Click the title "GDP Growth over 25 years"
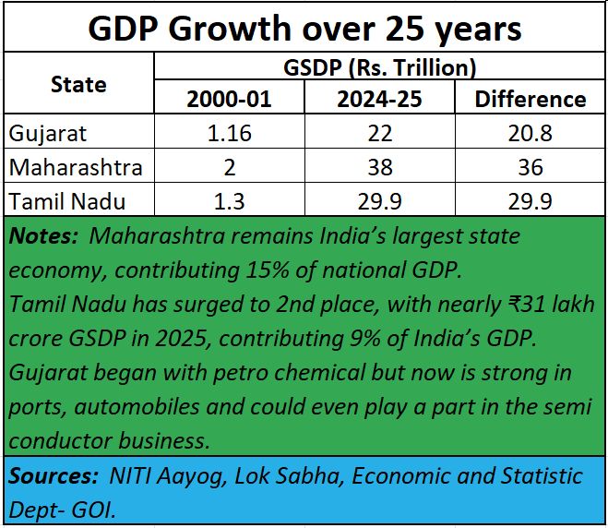click(x=304, y=29)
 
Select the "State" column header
click(x=77, y=84)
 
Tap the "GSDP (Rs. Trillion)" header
click(x=379, y=66)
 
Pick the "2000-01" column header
click(x=230, y=99)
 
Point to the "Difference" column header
click(x=530, y=99)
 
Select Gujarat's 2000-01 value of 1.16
click(x=230, y=133)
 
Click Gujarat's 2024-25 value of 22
click(x=379, y=133)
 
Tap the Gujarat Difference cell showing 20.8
click(x=530, y=133)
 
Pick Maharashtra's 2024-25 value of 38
click(x=379, y=168)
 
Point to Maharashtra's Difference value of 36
click(x=530, y=168)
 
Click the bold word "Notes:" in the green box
click(x=43, y=236)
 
